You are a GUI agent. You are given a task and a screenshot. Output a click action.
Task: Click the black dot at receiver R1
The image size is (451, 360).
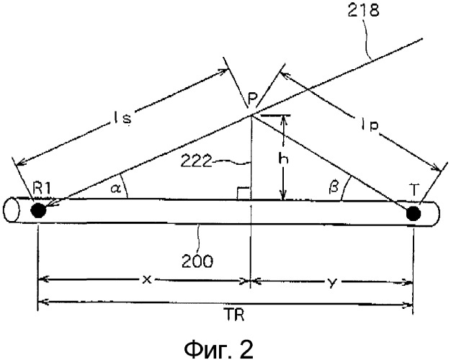point(38,210)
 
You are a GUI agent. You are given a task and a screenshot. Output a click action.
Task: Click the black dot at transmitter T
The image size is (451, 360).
point(414,214)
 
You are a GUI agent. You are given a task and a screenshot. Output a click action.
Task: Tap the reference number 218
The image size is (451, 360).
point(363,11)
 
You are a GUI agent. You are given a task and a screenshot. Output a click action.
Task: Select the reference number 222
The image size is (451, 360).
point(197,161)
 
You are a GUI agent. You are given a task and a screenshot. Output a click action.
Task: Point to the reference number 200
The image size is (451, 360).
point(197,261)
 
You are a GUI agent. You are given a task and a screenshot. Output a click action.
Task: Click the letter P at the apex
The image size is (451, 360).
point(252,99)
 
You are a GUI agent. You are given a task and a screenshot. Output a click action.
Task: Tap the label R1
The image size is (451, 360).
point(42,189)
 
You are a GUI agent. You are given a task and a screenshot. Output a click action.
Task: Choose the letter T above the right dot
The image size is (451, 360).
point(414,190)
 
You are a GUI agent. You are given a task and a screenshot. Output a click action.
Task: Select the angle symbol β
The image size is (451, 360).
point(333,187)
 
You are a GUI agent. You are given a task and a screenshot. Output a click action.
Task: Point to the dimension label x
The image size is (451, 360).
point(147,279)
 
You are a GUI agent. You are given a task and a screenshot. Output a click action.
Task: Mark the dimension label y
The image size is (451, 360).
point(332,283)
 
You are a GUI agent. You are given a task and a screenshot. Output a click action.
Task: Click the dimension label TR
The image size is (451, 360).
point(234,315)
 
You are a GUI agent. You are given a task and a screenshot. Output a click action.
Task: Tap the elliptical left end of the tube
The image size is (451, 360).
point(12,210)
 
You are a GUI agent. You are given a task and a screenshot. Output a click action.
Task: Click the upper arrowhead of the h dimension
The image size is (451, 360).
point(284,119)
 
